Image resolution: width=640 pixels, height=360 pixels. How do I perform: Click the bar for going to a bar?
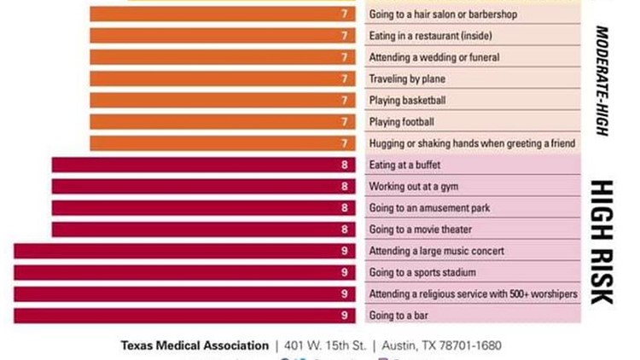point(184,316)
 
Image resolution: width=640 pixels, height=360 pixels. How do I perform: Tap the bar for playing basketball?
point(222,100)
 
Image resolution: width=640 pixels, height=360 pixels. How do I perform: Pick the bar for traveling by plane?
point(222,78)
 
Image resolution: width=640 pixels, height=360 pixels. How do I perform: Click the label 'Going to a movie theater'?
point(420,229)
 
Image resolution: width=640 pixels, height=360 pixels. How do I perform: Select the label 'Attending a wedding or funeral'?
point(434,57)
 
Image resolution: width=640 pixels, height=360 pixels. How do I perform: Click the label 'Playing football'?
point(401,122)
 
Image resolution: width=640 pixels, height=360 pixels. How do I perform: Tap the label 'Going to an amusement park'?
point(429,208)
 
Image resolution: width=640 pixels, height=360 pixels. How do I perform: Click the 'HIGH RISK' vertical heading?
point(602,241)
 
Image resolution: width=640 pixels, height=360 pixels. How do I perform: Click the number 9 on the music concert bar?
point(344,251)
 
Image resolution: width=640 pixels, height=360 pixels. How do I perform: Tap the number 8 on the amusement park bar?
point(344,208)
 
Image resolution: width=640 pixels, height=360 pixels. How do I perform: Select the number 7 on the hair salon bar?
point(344,15)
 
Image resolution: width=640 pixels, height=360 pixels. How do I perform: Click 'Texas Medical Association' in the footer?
point(195,345)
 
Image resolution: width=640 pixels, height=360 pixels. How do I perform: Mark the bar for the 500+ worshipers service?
point(184,294)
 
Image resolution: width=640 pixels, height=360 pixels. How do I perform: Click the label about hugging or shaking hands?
point(472,143)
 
